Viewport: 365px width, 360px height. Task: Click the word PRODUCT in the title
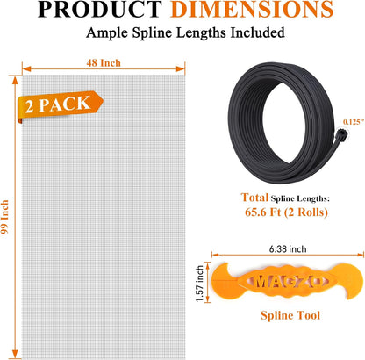(100, 9)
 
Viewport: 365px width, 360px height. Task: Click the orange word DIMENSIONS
(252, 9)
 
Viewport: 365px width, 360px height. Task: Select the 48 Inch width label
(104, 63)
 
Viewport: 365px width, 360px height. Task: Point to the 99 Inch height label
(4, 217)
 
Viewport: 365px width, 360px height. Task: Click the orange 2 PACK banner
(60, 105)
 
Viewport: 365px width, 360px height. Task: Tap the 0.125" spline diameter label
(354, 122)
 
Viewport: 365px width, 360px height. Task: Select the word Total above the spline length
(254, 198)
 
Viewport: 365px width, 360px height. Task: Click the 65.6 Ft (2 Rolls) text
(286, 212)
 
